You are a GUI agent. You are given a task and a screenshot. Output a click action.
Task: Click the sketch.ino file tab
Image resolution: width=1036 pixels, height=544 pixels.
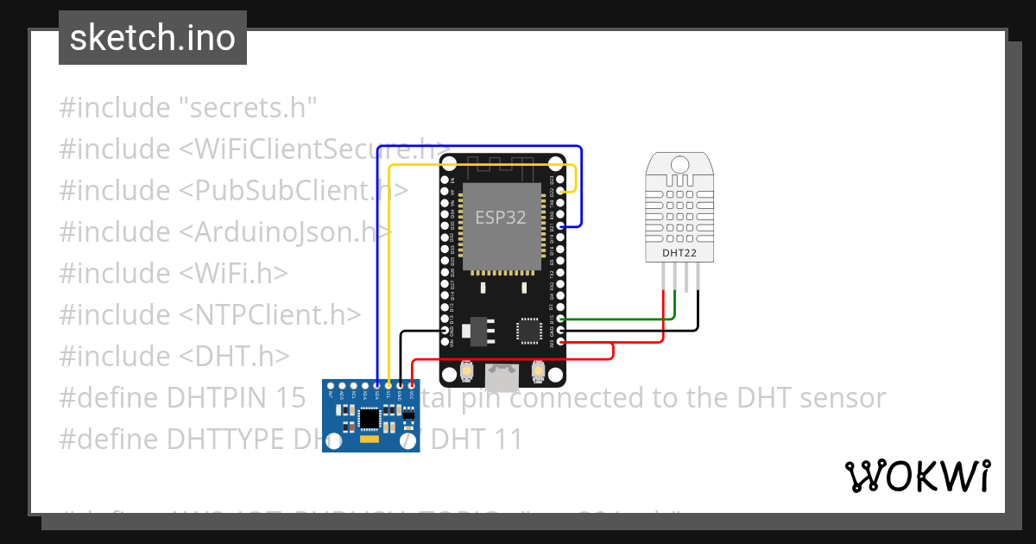[153, 38]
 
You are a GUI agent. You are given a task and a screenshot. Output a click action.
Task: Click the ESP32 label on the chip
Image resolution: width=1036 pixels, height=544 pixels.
[500, 217]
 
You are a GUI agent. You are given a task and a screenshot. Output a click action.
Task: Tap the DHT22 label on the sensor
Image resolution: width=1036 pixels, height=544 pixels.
[679, 253]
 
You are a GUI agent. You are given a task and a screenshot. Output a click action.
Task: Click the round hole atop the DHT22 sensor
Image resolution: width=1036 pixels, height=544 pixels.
[679, 163]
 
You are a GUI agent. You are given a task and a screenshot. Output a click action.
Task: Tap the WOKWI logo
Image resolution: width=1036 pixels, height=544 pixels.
[917, 476]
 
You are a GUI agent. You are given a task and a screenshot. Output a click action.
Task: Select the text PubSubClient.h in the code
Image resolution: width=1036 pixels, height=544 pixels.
[294, 191]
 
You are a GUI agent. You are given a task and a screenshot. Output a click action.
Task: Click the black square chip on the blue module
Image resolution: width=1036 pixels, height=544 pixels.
[370, 418]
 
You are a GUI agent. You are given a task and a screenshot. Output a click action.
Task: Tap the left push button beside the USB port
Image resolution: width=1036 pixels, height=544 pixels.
[467, 371]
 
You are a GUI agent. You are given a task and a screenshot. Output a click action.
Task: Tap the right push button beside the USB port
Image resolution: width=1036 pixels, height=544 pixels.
[537, 371]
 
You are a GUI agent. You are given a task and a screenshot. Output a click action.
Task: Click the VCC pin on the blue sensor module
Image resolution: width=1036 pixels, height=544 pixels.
[412, 386]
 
